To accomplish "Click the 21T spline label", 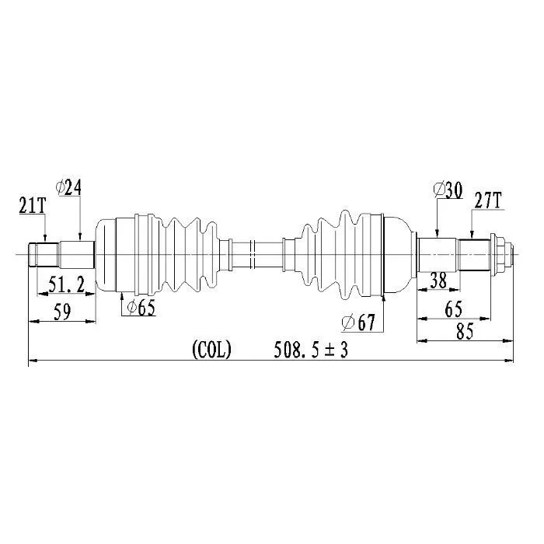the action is [x=33, y=206].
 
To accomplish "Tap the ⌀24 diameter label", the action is [x=68, y=188].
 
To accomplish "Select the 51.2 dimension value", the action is [x=66, y=285].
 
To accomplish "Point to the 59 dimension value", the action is [x=62, y=312].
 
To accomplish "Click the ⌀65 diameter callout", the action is [x=141, y=308].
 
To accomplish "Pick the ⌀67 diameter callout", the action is [x=358, y=323].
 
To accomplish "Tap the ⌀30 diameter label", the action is [x=448, y=190].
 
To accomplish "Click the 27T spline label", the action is [x=488, y=201].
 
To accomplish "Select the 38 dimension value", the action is [x=438, y=280].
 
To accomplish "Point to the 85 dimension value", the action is [x=465, y=331].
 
